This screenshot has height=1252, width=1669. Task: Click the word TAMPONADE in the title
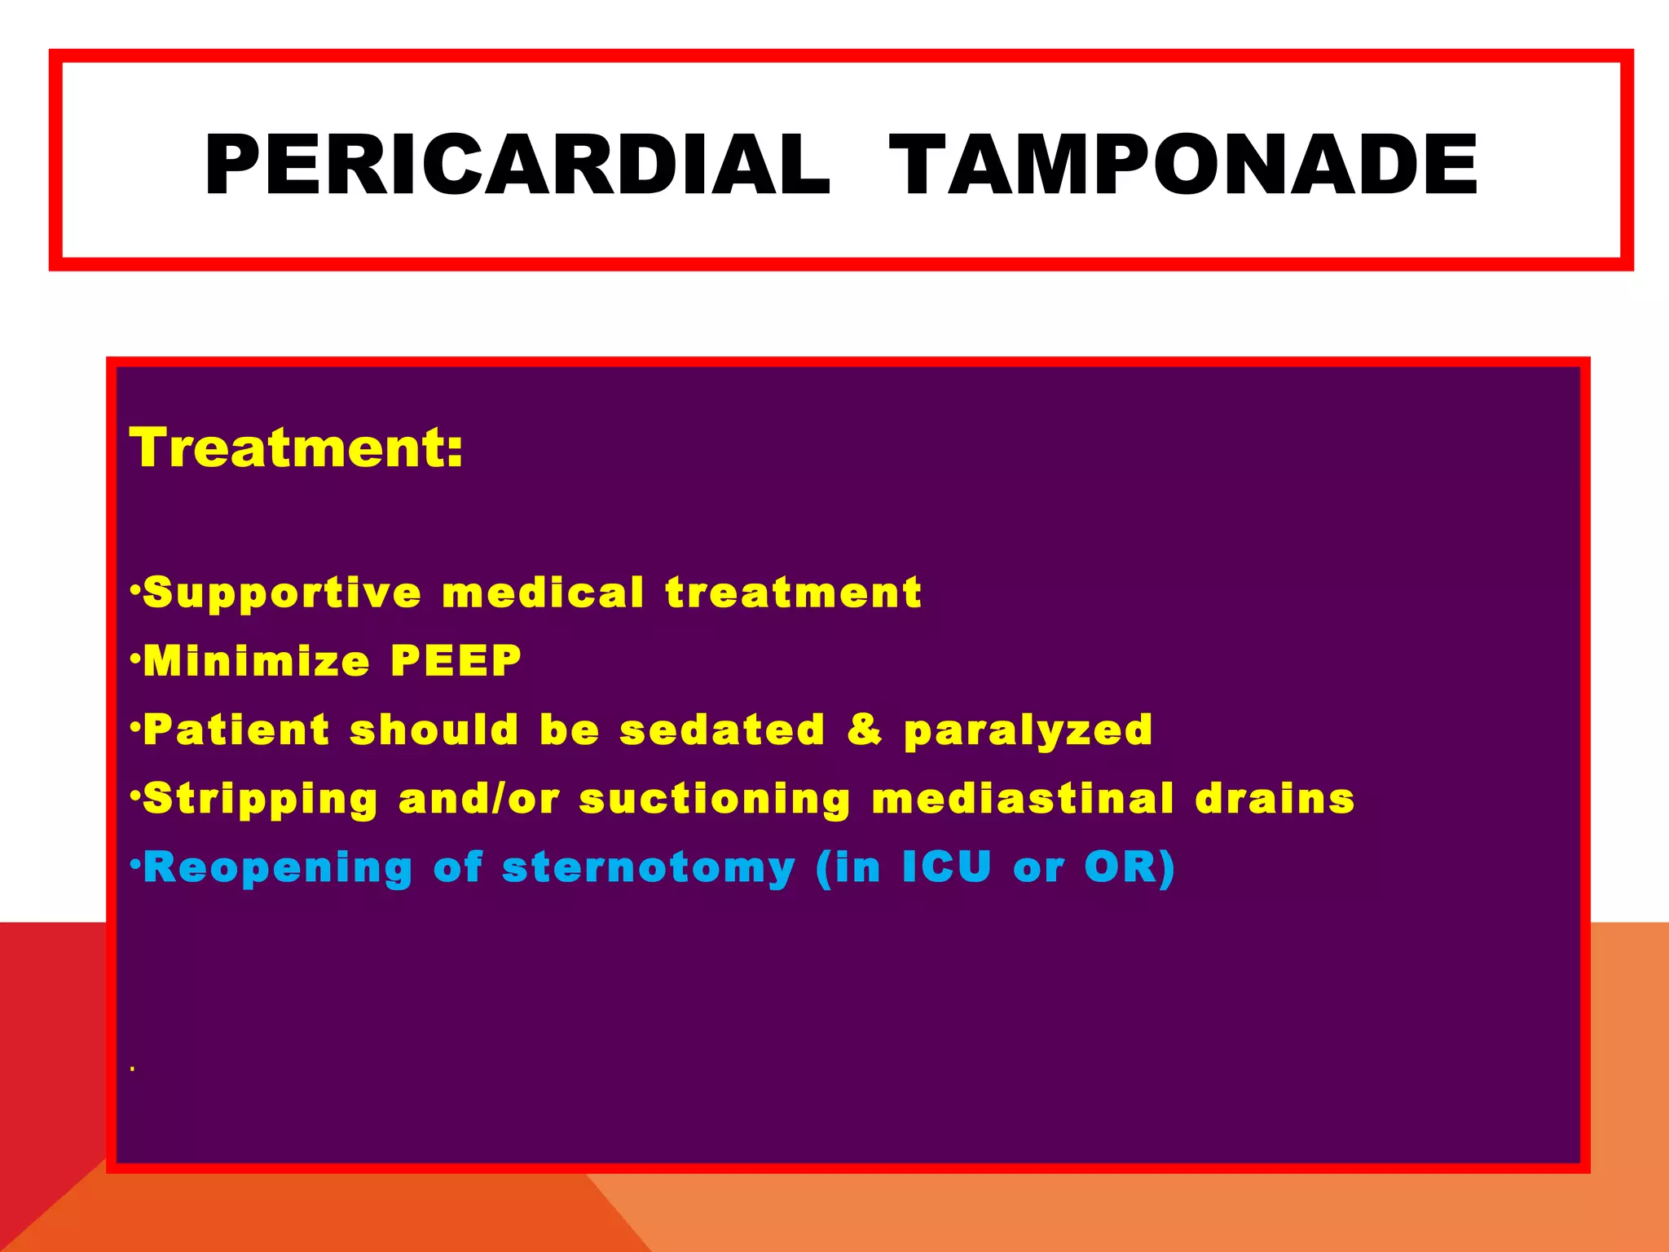(1182, 165)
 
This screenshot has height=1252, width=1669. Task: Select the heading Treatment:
(297, 447)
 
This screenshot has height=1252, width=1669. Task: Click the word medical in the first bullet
(543, 593)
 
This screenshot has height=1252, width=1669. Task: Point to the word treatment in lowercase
(794, 593)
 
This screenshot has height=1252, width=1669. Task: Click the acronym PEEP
(456, 661)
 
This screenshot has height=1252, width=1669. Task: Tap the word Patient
(237, 730)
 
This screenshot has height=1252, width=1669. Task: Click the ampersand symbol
(865, 730)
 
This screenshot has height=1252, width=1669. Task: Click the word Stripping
(261, 800)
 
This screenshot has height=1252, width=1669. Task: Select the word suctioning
(715, 800)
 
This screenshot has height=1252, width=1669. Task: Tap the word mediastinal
(1023, 798)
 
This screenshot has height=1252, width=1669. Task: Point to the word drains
(1275, 798)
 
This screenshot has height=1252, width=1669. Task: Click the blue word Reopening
(278, 868)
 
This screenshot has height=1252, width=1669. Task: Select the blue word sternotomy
(648, 868)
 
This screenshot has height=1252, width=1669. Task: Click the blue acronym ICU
(947, 866)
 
